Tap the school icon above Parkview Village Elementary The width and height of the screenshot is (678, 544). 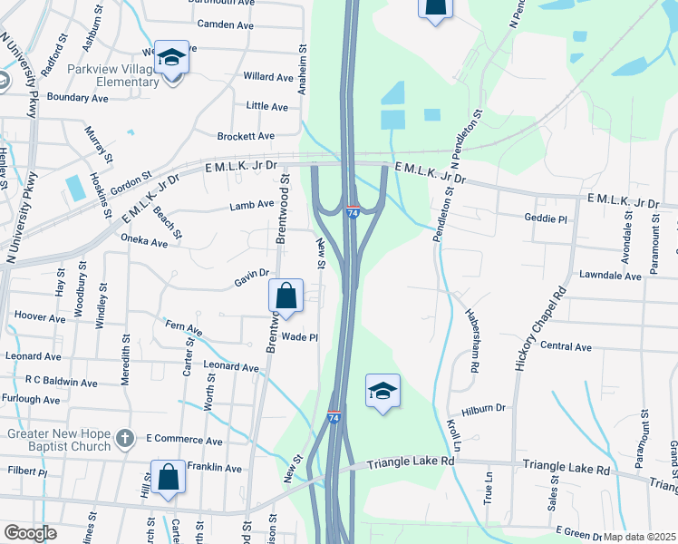(170, 57)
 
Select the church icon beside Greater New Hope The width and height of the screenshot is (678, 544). (125, 440)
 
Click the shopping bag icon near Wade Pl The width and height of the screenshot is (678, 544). (286, 296)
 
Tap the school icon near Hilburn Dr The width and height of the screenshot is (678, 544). (383, 391)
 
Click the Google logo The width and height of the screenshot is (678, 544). (30, 532)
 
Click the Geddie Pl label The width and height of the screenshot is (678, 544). (546, 219)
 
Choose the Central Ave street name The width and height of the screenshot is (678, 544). (565, 346)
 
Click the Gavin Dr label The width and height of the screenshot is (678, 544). (252, 273)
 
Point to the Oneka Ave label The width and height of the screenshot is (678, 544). (145, 242)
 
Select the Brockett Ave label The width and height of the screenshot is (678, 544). (246, 136)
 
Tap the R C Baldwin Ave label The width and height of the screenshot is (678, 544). (62, 382)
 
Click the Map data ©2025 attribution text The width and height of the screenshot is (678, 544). (639, 537)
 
